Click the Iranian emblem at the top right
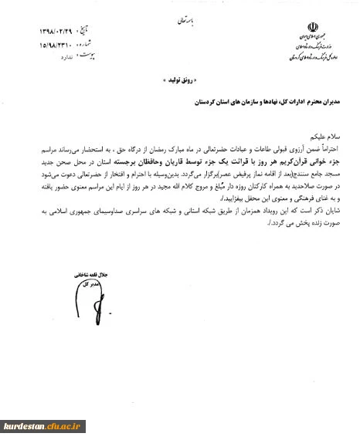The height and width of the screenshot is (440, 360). [313, 28]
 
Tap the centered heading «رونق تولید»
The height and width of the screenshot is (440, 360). [180, 79]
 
